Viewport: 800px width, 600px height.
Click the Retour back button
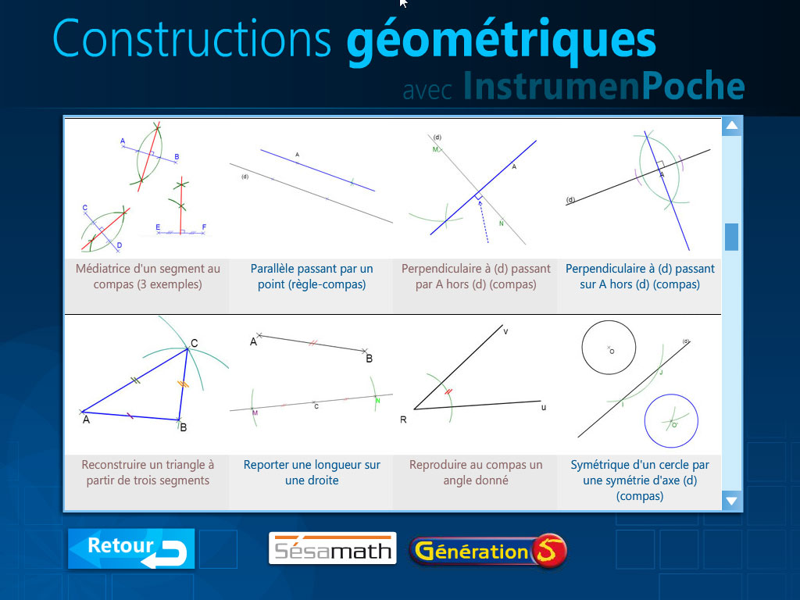click(x=130, y=548)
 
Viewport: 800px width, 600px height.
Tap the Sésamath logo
click(x=332, y=548)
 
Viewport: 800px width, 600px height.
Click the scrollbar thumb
click(x=731, y=237)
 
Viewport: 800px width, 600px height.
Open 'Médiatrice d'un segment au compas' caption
click(x=148, y=277)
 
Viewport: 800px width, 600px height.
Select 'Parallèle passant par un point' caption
click(x=312, y=277)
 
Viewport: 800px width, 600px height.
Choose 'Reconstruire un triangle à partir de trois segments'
click(x=148, y=473)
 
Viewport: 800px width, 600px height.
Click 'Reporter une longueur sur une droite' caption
click(x=312, y=473)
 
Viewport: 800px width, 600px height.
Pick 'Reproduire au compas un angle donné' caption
click(x=476, y=473)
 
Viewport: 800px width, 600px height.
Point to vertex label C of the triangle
click(x=194, y=341)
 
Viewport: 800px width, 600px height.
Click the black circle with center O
click(x=609, y=348)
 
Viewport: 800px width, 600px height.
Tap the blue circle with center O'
click(x=671, y=423)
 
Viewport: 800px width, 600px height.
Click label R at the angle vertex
click(x=403, y=420)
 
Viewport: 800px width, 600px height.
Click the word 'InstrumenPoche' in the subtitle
click(x=603, y=87)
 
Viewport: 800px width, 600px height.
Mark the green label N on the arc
click(x=377, y=400)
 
